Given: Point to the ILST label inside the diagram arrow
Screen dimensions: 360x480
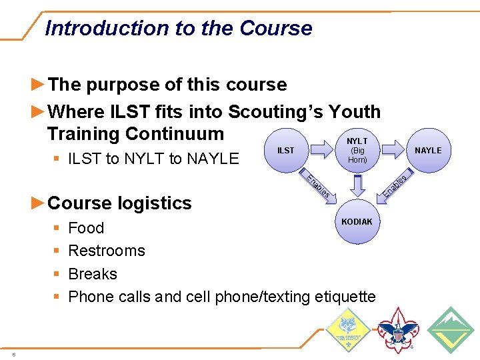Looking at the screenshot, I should (285, 151).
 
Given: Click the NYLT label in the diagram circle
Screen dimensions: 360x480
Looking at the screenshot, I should (357, 141).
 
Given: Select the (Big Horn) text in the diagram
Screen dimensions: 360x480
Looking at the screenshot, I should (357, 155).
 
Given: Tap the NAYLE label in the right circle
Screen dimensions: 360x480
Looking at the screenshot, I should (428, 151).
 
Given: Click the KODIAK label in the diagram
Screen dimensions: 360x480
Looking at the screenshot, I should (357, 221).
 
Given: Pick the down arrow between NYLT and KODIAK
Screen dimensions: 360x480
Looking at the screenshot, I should (357, 185).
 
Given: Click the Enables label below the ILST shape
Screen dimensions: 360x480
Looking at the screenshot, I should (318, 186).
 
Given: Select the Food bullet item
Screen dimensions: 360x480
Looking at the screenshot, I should (86, 228).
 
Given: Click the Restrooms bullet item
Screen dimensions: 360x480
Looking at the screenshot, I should (107, 251).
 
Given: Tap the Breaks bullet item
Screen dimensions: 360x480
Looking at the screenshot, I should (93, 274).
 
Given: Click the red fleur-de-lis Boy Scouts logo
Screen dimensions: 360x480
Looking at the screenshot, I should (398, 330).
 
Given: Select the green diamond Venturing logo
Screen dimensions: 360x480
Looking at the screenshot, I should (450, 330).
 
